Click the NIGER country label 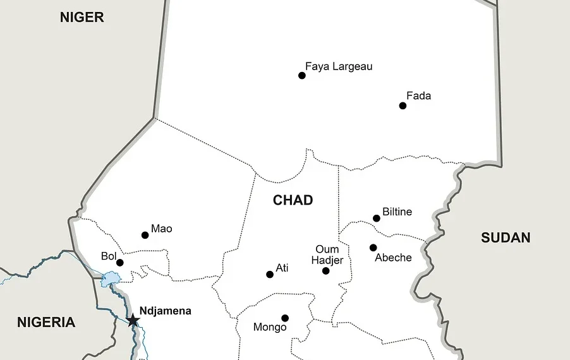(x=82, y=18)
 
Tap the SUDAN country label (x=506, y=238)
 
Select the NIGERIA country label (x=46, y=323)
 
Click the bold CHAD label (x=293, y=200)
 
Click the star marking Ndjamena (x=133, y=320)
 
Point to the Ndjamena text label (x=165, y=311)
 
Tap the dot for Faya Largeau (x=302, y=76)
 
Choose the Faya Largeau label (x=339, y=66)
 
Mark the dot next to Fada (x=403, y=105)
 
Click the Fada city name (x=418, y=96)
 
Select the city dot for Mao (x=145, y=235)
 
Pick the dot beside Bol (x=120, y=263)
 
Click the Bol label (x=109, y=256)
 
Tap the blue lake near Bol (x=110, y=279)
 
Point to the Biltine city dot (x=377, y=219)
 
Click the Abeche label (x=393, y=258)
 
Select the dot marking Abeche (x=373, y=248)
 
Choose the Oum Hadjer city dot (x=326, y=271)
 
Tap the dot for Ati (x=270, y=274)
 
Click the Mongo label (x=270, y=327)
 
